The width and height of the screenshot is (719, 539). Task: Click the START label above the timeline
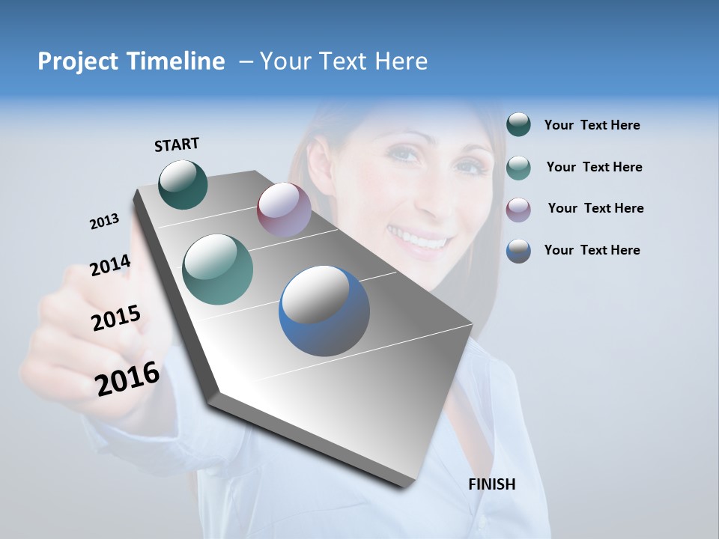pos(177,144)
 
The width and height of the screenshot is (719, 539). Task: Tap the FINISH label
pos(492,484)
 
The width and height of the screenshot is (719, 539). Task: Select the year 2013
pos(104,222)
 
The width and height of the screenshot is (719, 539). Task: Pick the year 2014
pos(110,265)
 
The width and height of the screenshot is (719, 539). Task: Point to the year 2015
pos(116,319)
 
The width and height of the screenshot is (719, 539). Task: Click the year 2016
pos(127,379)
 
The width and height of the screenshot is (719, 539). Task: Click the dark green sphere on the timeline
pos(183,184)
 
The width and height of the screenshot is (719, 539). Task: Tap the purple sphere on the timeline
pos(284,210)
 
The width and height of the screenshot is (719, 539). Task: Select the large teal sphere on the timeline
pos(218,269)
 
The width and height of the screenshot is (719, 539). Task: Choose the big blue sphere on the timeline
pos(324,311)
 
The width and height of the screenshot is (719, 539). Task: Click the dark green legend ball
pos(518,125)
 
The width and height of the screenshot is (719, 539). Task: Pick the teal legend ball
pos(518,168)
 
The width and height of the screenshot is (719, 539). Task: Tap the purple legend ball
pos(518,209)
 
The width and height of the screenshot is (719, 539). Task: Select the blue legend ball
pos(518,251)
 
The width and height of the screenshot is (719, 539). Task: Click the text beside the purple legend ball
pos(595,208)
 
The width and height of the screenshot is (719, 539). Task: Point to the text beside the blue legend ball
pos(592,250)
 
